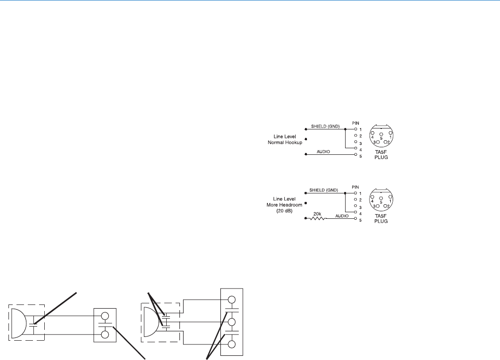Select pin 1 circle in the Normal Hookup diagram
(x=355, y=129)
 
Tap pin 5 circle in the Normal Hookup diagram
(x=355, y=155)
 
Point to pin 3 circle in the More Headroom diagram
(x=355, y=207)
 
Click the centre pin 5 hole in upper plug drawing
(x=381, y=134)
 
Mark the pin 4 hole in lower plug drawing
(x=372, y=198)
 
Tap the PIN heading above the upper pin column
(x=355, y=123)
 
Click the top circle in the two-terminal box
(x=105, y=316)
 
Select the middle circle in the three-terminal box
(x=232, y=322)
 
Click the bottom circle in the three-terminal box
(x=232, y=344)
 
